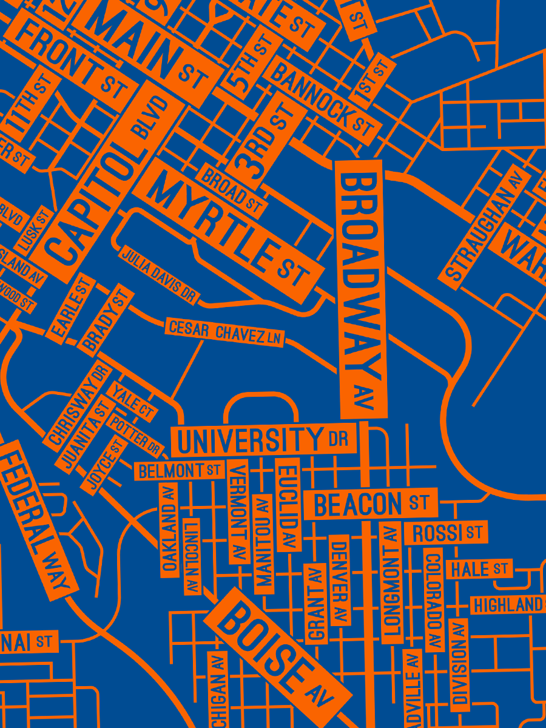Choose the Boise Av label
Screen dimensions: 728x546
point(277,649)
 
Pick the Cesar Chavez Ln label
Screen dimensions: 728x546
point(224,332)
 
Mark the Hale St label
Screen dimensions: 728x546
point(479,569)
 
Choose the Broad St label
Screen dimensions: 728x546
point(232,191)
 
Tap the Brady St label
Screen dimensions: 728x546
point(106,319)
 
